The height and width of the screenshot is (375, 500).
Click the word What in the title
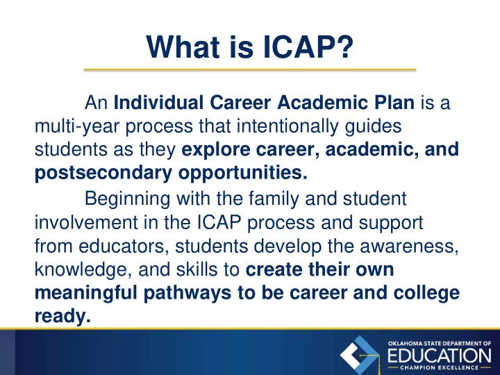point(183,47)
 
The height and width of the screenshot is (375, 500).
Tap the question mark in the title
point(344,47)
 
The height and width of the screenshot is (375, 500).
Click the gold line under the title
point(250,69)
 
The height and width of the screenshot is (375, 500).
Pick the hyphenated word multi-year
point(77,126)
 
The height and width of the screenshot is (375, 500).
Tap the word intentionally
point(287,126)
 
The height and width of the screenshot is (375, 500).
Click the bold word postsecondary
point(103,173)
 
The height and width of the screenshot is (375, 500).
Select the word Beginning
point(127,199)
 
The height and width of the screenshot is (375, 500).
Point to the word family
point(274,199)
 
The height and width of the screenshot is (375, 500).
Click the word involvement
point(86,222)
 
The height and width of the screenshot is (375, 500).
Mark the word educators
point(124,246)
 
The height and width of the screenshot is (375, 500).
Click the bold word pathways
point(187,293)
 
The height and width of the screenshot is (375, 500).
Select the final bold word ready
point(62,317)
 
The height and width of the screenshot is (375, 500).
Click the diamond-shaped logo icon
point(360,356)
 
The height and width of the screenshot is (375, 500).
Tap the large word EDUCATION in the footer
point(440,356)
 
